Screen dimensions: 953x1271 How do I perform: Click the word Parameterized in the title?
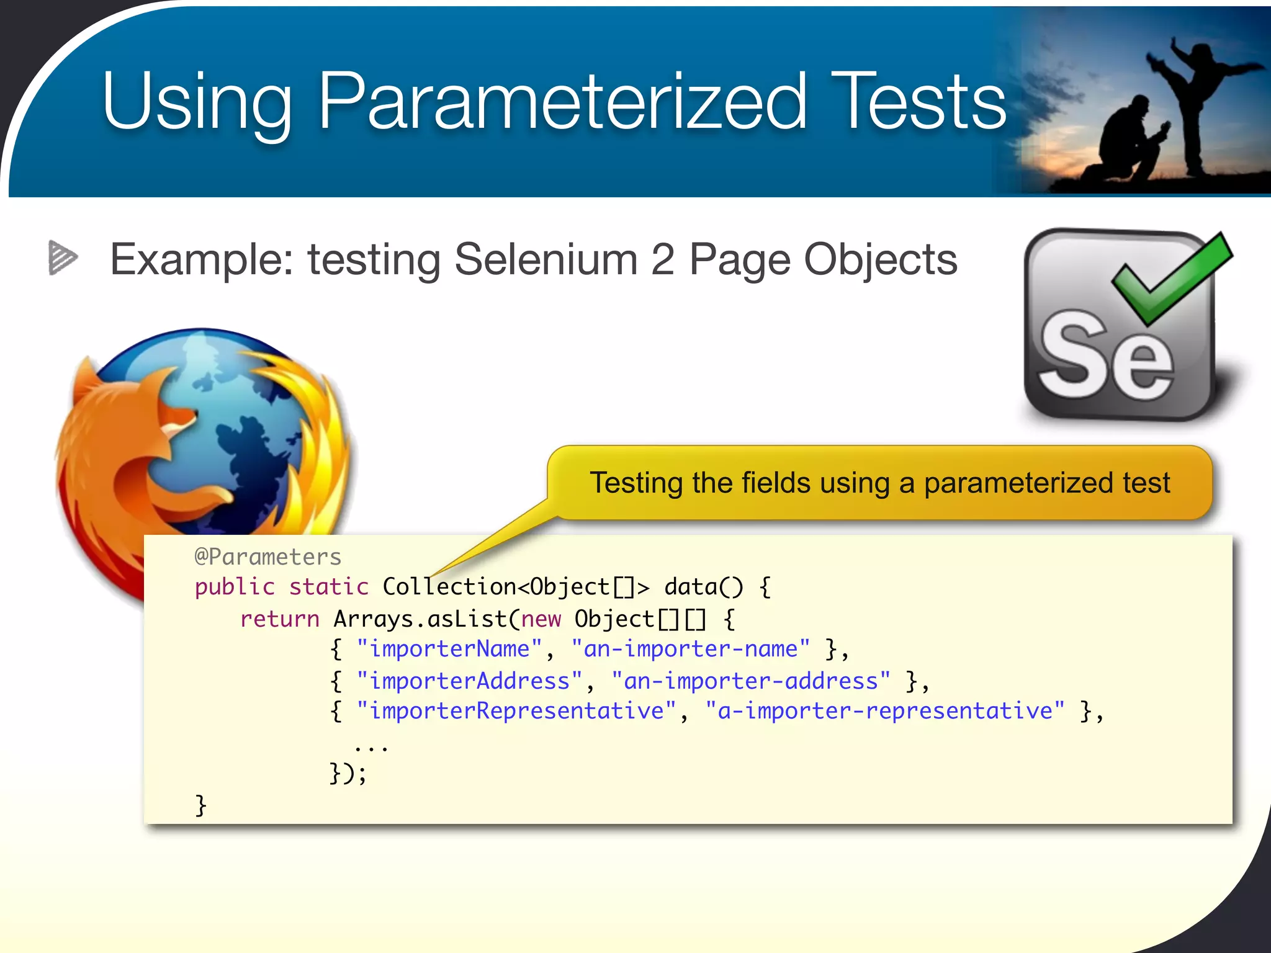[x=562, y=102]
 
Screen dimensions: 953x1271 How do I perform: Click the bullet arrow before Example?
[x=63, y=257]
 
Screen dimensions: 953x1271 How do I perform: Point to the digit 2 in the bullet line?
[x=663, y=259]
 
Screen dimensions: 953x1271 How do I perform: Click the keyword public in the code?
[x=235, y=587]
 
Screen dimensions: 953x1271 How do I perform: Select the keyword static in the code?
[x=328, y=587]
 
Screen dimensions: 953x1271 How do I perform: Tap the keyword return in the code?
[x=279, y=619]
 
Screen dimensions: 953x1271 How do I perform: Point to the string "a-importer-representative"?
[x=885, y=711]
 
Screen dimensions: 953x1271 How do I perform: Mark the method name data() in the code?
[x=703, y=587]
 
